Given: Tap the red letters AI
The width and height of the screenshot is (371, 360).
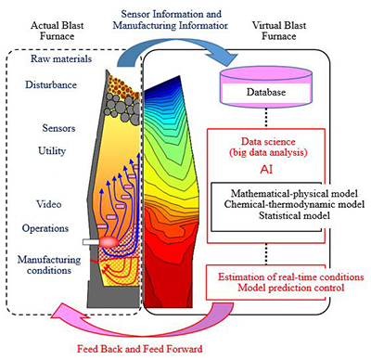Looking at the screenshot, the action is (266, 169).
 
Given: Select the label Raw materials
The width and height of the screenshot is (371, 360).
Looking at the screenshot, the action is (61, 58).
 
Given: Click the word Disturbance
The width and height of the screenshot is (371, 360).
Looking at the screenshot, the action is (51, 84).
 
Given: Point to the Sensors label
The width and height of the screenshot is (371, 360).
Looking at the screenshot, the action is (58, 128).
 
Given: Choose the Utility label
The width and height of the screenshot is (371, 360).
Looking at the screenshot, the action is (52, 151).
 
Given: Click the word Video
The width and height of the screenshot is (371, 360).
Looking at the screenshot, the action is (49, 204).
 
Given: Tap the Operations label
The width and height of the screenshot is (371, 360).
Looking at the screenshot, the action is (45, 228).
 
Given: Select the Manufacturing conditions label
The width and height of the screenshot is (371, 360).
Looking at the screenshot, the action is (49, 264).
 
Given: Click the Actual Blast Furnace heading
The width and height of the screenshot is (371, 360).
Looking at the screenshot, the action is (58, 31).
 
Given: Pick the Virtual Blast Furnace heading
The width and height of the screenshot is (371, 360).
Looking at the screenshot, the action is (279, 31).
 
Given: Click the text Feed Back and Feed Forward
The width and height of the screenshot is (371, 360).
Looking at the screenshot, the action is (140, 349).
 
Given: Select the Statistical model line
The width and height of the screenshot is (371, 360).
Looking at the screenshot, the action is (294, 215).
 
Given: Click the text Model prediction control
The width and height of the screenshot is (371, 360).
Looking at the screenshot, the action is (291, 288).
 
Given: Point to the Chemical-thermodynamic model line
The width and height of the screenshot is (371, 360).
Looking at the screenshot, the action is (294, 204).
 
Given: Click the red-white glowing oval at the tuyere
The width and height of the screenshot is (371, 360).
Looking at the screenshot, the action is (109, 241).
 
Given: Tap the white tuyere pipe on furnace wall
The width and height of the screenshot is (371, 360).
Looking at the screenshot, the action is (91, 242).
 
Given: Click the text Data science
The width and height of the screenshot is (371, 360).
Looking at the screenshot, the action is (268, 142).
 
